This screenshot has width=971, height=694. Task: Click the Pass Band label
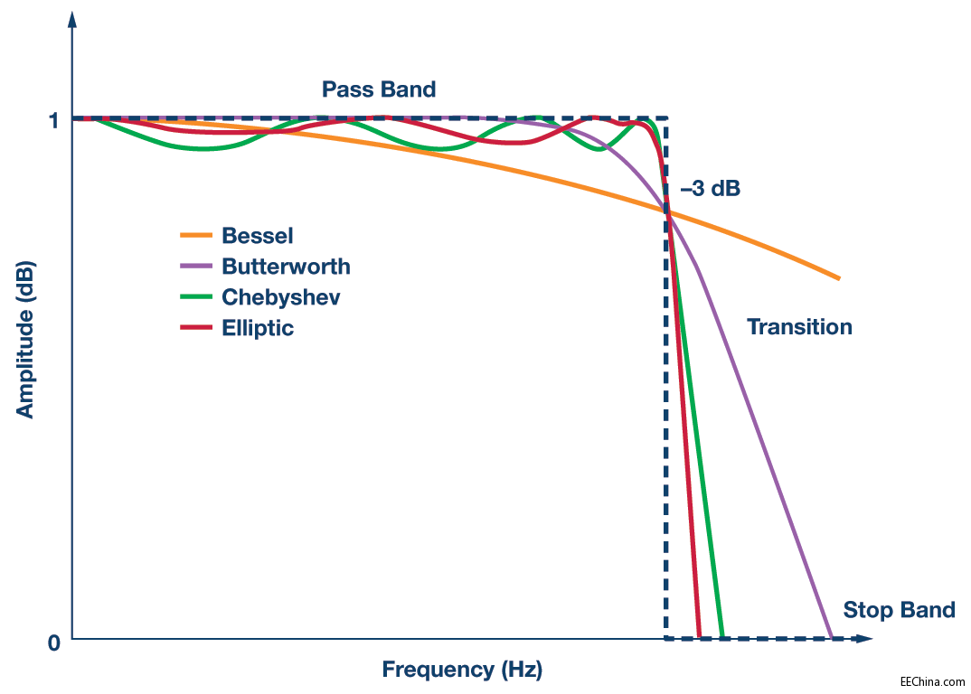point(379,89)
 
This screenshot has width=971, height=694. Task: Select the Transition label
point(799,327)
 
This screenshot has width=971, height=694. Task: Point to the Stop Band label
point(899,610)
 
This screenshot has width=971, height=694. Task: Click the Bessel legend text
point(258,236)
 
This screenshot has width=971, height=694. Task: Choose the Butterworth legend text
point(286,267)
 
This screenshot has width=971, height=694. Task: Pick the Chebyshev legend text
point(281,297)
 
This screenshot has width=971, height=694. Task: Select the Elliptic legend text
point(258,328)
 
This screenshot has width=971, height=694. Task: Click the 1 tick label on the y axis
point(53,119)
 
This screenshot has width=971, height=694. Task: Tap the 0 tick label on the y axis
point(53,642)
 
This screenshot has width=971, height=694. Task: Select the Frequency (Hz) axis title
point(462,670)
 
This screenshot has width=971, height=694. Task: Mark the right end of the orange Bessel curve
point(839,277)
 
